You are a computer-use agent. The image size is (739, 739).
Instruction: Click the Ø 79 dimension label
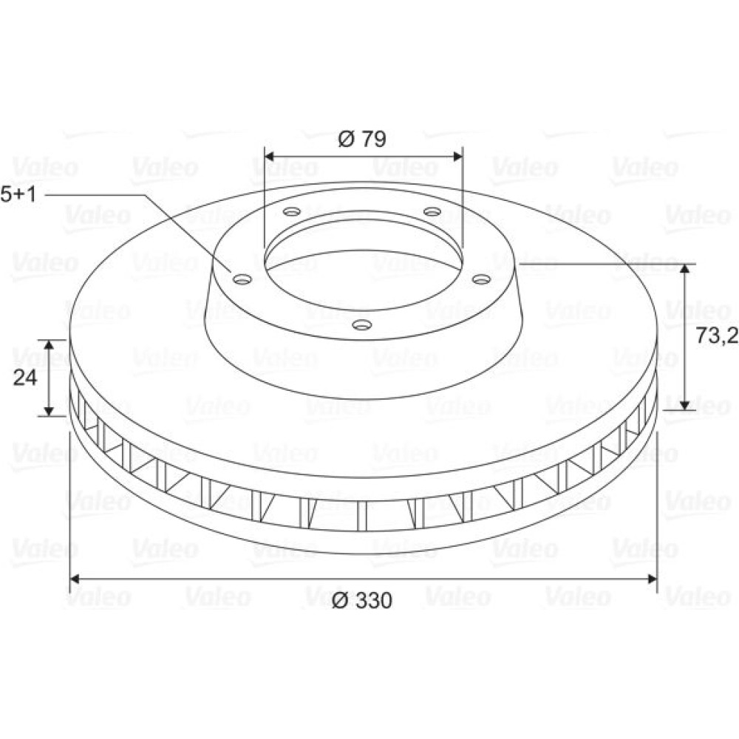[x=362, y=139]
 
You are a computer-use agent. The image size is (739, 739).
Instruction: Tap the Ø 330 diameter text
[x=362, y=600]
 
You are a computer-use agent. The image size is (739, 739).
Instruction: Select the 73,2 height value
[x=717, y=336]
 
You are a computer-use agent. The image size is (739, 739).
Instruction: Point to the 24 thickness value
[x=24, y=377]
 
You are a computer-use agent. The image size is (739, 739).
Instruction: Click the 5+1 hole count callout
[x=18, y=194]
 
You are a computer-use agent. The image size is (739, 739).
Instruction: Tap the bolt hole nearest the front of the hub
[x=362, y=324]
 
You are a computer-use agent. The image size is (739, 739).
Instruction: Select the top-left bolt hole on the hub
[x=292, y=211]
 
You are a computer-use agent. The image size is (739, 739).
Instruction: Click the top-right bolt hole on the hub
[x=432, y=211]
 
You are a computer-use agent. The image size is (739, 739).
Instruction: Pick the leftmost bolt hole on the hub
[x=242, y=279]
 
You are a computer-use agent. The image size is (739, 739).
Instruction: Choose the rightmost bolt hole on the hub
[x=482, y=279]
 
